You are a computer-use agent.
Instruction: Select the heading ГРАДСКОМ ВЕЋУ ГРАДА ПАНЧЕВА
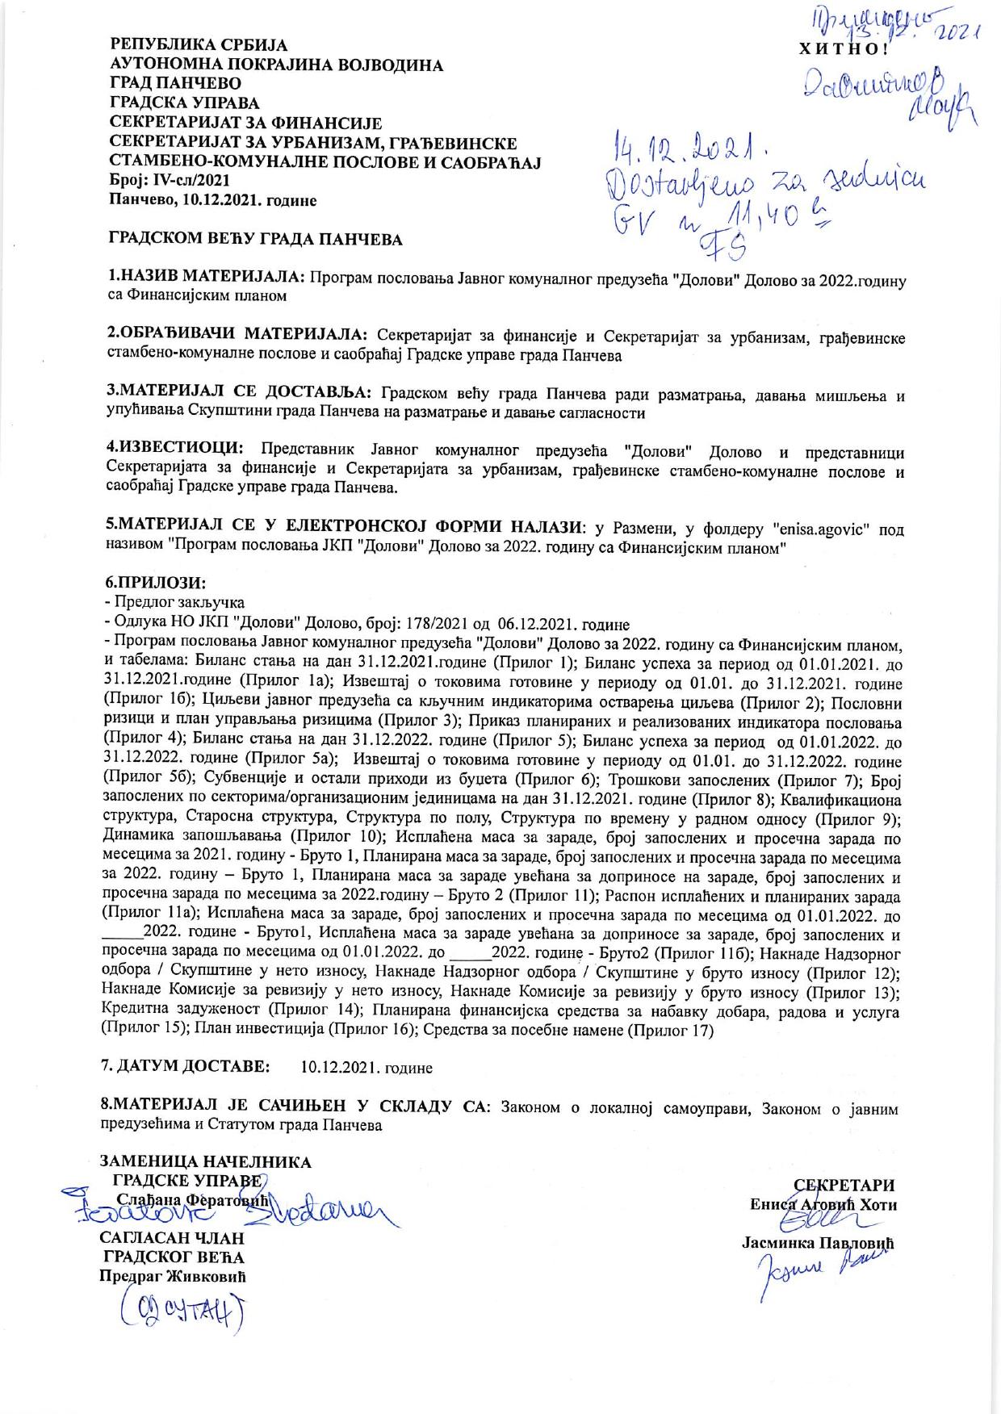tap(255, 239)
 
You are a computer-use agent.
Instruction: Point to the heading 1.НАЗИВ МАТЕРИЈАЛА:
tap(207, 278)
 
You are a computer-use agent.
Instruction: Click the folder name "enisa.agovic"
tap(822, 529)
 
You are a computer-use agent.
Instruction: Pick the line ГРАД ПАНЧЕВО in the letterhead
tap(175, 83)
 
